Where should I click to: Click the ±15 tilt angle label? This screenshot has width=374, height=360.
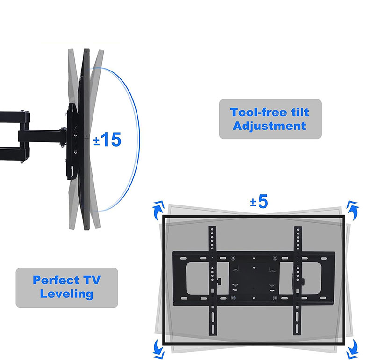pyautogui.click(x=108, y=139)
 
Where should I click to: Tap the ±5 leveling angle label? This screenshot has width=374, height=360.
pyautogui.click(x=259, y=202)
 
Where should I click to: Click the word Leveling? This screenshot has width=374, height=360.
pyautogui.click(x=66, y=294)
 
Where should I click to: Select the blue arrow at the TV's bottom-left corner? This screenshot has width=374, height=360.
pyautogui.click(x=158, y=346)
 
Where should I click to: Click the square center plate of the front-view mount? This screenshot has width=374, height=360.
pyautogui.click(x=255, y=275)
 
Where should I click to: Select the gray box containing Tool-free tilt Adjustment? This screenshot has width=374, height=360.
pyautogui.click(x=270, y=119)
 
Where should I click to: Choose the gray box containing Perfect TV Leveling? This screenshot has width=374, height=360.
pyautogui.click(x=66, y=288)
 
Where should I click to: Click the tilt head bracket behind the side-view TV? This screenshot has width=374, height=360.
pyautogui.click(x=72, y=140)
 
